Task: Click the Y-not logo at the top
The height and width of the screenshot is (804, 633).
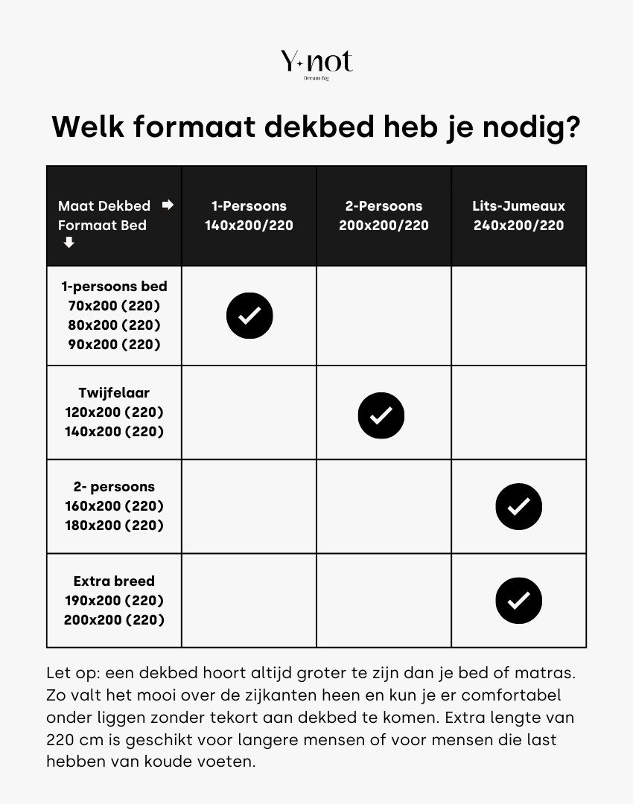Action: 316,63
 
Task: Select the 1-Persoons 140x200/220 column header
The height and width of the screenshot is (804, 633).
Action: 249,216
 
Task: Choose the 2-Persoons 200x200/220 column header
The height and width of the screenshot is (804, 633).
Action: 384,216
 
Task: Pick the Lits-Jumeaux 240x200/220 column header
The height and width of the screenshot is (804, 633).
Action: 518,216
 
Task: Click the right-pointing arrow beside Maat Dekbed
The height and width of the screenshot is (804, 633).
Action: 168,205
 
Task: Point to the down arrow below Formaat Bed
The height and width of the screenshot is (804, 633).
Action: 69,243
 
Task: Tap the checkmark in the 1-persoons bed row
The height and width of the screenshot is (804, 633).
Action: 249,316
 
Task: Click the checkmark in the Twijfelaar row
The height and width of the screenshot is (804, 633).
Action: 381,415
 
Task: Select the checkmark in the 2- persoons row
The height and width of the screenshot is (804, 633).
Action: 518,507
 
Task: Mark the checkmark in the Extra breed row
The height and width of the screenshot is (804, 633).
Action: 518,601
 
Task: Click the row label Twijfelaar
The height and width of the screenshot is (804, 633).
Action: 114,393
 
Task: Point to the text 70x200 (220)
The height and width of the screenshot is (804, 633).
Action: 114,306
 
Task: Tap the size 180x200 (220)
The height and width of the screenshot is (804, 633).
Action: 114,526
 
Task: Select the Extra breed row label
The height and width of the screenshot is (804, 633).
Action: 114,581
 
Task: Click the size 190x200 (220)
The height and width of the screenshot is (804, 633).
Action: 114,601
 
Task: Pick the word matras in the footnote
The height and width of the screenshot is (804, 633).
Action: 549,673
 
